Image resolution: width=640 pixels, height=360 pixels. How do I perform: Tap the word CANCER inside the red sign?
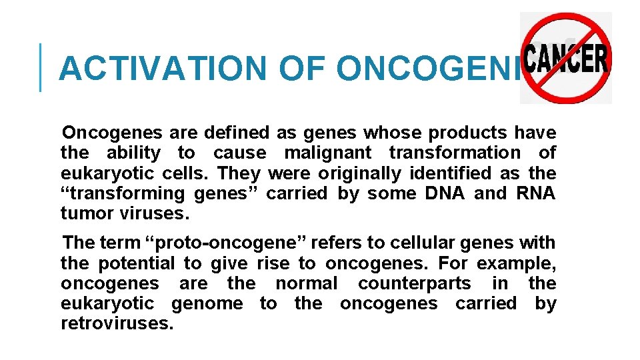[x=567, y=59]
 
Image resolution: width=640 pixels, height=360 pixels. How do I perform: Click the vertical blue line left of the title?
[x=41, y=67]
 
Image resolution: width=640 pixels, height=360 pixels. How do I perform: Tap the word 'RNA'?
[x=535, y=193]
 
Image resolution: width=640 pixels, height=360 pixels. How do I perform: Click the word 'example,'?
[x=516, y=263]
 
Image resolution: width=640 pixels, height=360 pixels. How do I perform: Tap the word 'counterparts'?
[x=414, y=283]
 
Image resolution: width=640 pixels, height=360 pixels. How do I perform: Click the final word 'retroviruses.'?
[x=117, y=324]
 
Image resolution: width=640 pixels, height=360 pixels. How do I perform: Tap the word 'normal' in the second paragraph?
[x=306, y=283]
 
